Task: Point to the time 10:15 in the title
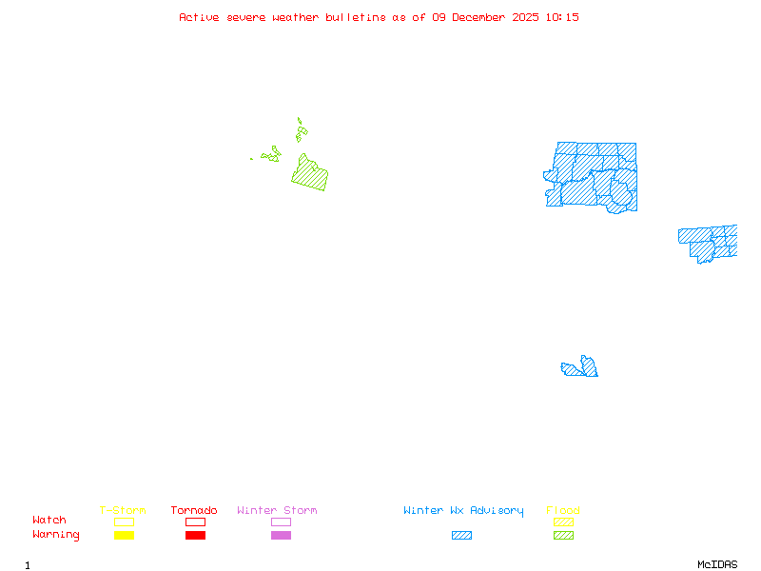564,18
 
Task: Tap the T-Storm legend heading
123,511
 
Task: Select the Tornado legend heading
194,511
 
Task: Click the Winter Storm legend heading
277,511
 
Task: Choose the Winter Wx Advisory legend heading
463,511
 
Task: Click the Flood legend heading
563,511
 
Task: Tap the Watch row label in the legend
49,521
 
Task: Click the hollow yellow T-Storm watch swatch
124,522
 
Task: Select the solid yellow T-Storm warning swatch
124,536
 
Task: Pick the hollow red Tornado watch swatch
195,522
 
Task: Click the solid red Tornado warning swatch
195,536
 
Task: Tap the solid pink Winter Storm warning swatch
281,536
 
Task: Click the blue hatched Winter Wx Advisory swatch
461,536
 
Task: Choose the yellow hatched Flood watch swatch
563,522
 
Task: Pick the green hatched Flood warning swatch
563,536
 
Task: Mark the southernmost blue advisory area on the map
581,368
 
